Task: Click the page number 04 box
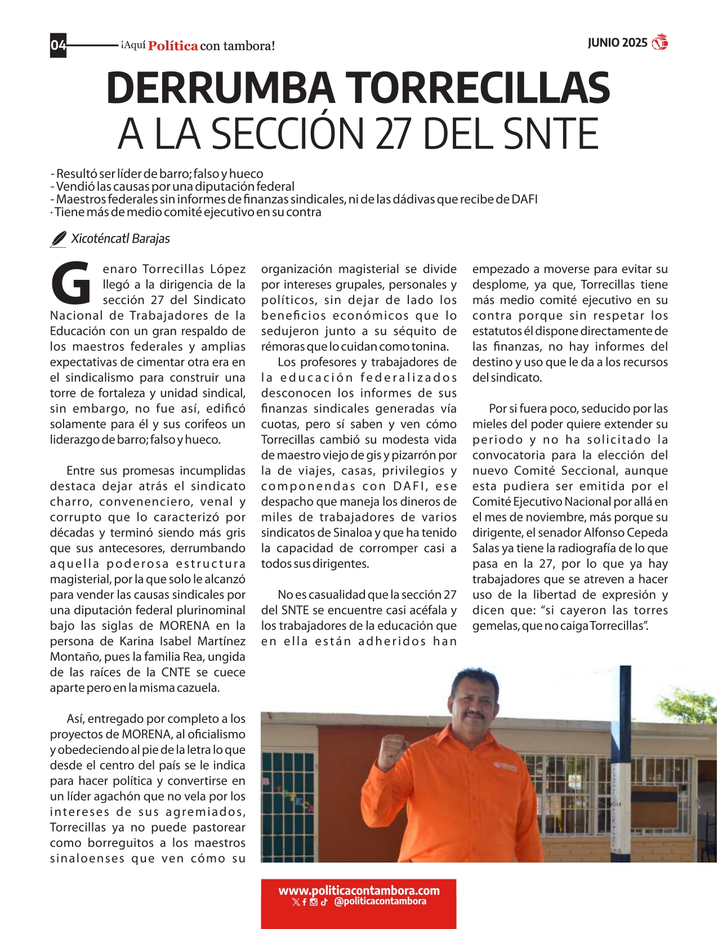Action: [58, 45]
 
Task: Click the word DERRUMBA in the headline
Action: [219, 89]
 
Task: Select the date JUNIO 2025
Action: [617, 43]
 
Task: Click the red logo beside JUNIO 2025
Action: [659, 43]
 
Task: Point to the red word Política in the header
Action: [173, 46]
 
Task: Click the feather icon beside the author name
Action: [58, 239]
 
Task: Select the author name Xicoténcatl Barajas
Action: [120, 239]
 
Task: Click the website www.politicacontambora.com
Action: [359, 891]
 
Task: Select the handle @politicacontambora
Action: [380, 901]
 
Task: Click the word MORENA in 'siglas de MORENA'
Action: [184, 626]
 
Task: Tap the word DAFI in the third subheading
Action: [524, 199]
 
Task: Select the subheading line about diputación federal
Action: [175, 186]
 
